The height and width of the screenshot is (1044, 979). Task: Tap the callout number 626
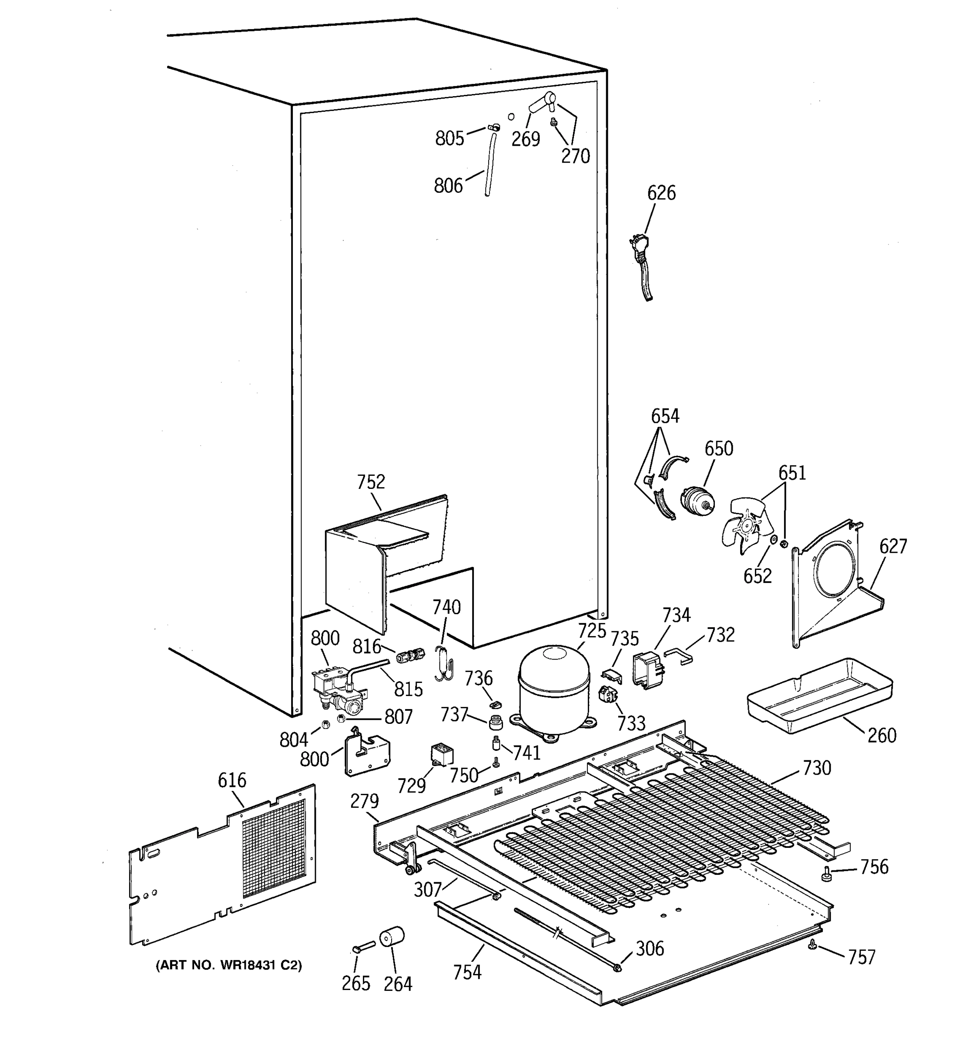[x=661, y=193]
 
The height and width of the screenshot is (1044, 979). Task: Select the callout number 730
[x=817, y=768]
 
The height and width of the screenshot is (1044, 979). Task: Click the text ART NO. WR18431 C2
[x=228, y=965]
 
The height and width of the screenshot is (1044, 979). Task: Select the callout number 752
[x=371, y=482]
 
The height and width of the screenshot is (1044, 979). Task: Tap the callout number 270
[x=575, y=156]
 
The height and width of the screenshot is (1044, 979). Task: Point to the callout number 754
[x=467, y=972]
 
